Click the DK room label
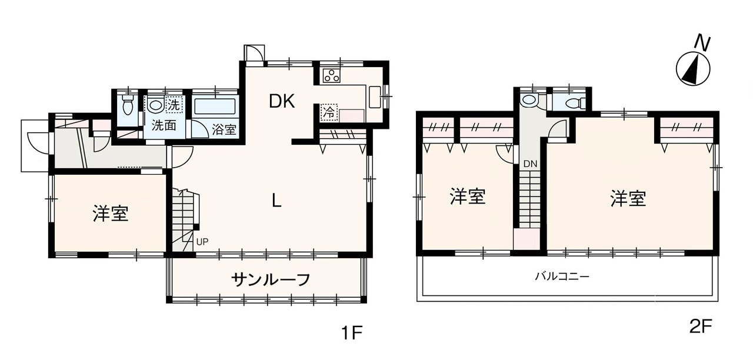tap(282, 102)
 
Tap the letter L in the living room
tap(276, 201)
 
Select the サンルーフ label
tap(271, 279)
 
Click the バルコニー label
tap(562, 276)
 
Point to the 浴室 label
tap(224, 130)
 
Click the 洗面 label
tap(164, 125)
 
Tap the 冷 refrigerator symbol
tap(329, 113)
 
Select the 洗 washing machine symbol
tap(174, 105)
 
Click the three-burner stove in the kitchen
tap(332, 76)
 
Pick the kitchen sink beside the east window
tap(375, 97)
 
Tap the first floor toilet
tap(128, 105)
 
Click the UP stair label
tap(202, 242)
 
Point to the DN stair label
tap(530, 164)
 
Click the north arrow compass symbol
tap(693, 69)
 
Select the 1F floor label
tap(352, 334)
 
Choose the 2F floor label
tap(701, 326)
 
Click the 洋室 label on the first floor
tap(111, 213)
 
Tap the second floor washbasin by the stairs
tap(529, 100)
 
